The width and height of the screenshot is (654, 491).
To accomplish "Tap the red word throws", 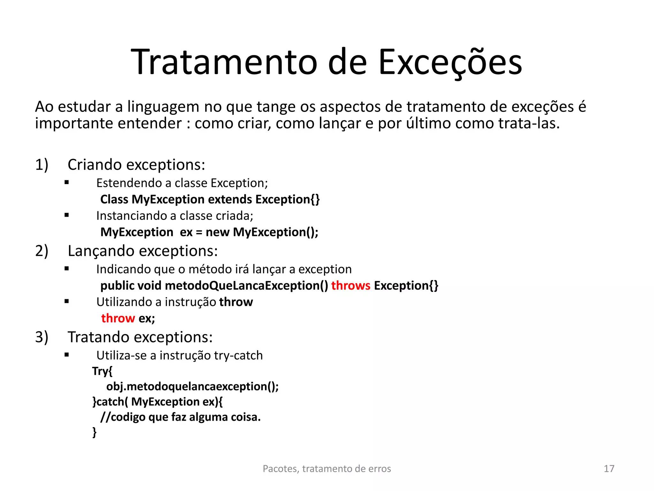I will (x=351, y=285).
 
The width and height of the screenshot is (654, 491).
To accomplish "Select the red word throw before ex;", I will (x=118, y=318).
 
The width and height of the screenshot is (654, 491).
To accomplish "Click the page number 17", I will (x=609, y=469).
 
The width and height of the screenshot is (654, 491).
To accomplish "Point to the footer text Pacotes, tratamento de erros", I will (x=327, y=469).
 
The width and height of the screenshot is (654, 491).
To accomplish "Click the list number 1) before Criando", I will (x=42, y=165).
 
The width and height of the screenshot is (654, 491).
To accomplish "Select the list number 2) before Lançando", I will (x=42, y=251).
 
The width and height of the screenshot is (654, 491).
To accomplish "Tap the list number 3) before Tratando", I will (x=42, y=337).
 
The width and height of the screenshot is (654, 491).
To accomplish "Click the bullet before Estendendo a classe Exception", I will (x=67, y=183).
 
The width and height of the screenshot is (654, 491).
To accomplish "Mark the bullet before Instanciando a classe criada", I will (x=67, y=215).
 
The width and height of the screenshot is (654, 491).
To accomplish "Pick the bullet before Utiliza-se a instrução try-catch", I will (x=67, y=355).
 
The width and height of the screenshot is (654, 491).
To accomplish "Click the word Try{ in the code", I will (x=102, y=371).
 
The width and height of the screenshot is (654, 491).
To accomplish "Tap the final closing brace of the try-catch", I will (x=95, y=432).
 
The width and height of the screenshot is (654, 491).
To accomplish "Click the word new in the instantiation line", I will (x=217, y=232).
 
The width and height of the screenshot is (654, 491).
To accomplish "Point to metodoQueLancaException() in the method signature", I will (x=246, y=285).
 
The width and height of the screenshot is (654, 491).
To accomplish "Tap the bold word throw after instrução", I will (x=236, y=302).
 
